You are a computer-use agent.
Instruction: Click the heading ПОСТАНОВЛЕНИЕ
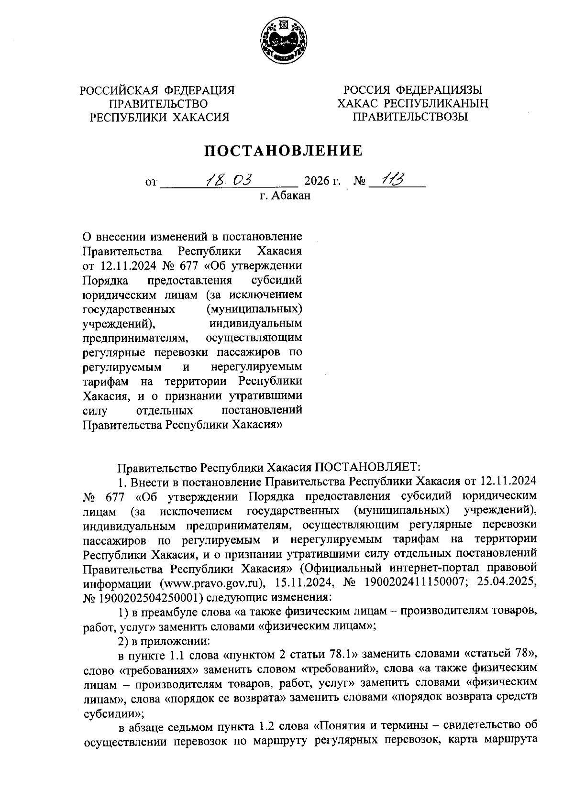click(284, 151)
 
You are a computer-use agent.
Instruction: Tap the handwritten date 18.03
click(228, 180)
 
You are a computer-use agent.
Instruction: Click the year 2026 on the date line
click(317, 182)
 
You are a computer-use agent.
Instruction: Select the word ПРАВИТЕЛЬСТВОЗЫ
click(410, 116)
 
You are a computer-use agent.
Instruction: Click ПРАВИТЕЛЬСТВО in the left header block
click(159, 103)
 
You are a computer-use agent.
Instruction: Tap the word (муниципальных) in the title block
click(254, 309)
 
